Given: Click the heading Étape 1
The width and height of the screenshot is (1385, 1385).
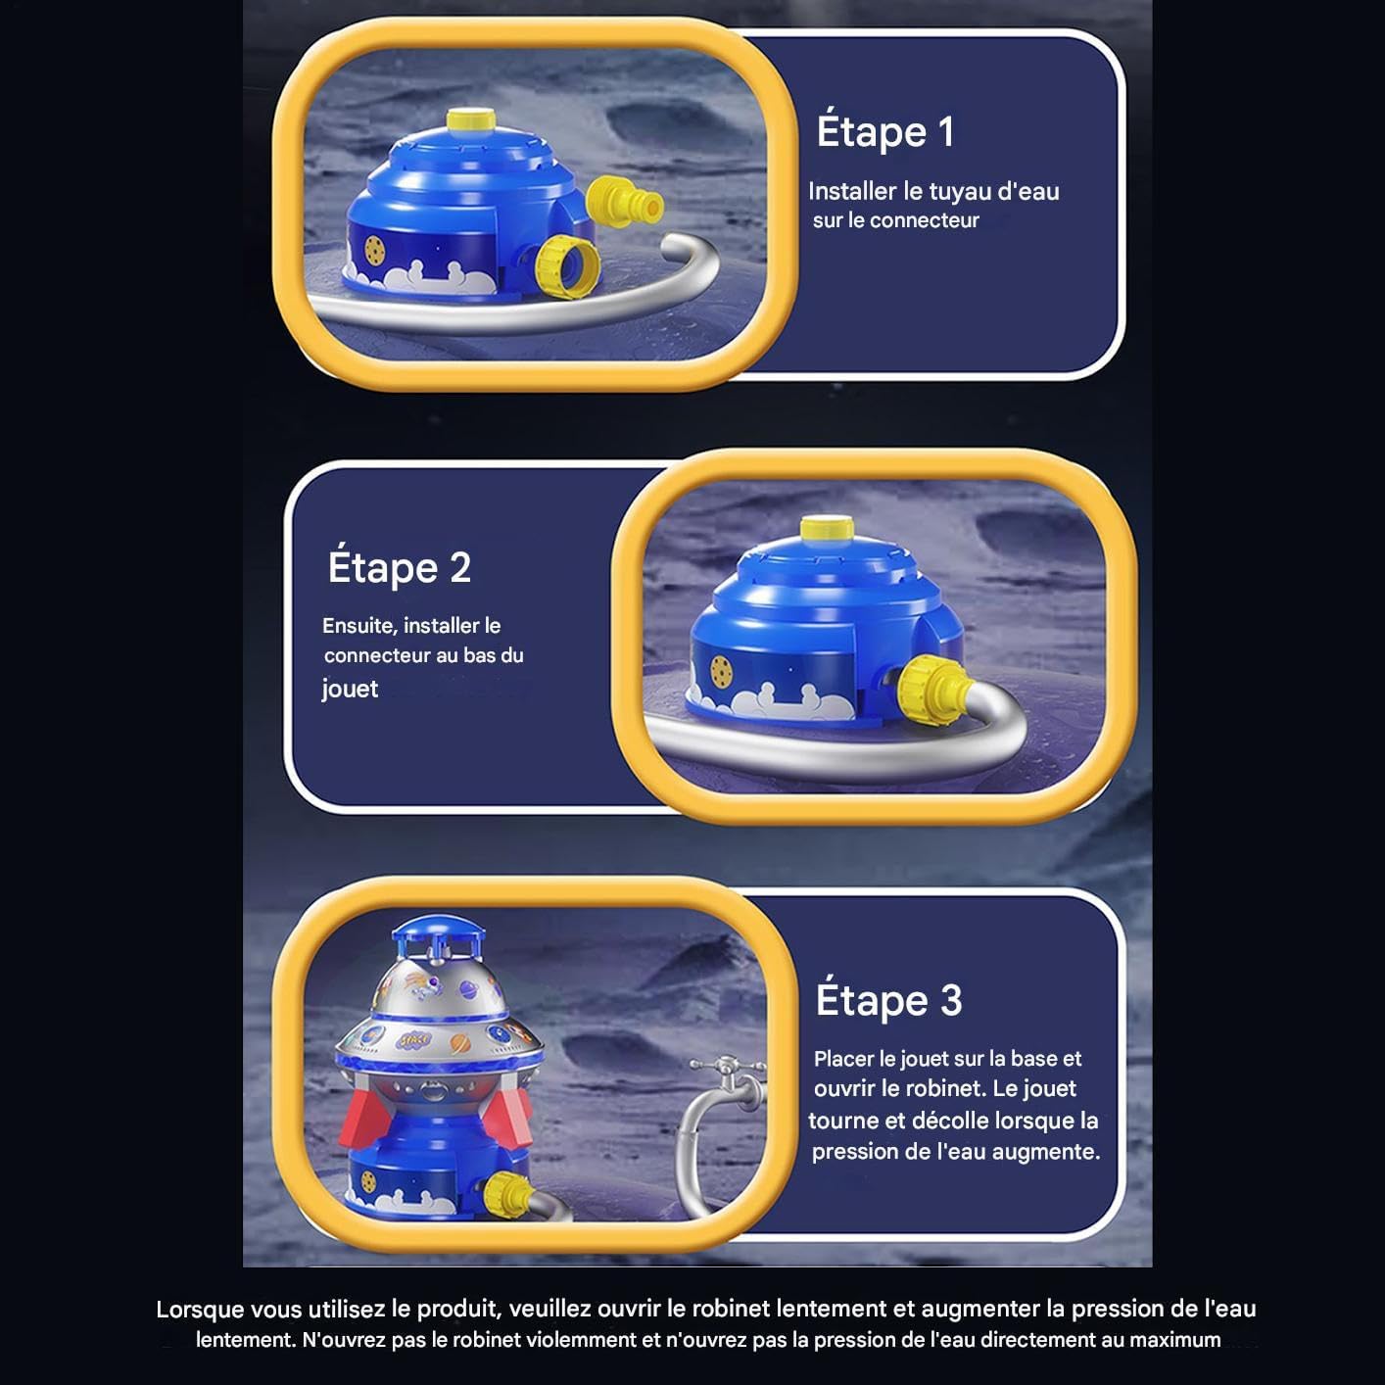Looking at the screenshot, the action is pyautogui.click(x=884, y=133).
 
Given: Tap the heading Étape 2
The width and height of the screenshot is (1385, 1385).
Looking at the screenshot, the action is pyautogui.click(x=399, y=567).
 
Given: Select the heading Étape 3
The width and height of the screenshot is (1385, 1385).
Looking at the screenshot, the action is pyautogui.click(x=888, y=1000).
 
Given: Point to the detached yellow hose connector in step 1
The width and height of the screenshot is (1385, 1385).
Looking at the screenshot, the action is pyautogui.click(x=625, y=202).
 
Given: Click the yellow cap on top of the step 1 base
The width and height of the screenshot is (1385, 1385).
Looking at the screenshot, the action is pyautogui.click(x=471, y=120).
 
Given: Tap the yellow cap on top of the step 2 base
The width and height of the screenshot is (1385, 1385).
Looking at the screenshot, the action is pyautogui.click(x=827, y=528).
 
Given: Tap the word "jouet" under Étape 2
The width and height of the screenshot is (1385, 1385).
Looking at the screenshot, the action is pyautogui.click(x=350, y=690).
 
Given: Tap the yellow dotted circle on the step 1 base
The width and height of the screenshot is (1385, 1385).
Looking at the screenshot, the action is pyautogui.click(x=374, y=250).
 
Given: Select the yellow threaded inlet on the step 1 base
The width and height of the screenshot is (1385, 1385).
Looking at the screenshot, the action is pyautogui.click(x=568, y=265).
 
